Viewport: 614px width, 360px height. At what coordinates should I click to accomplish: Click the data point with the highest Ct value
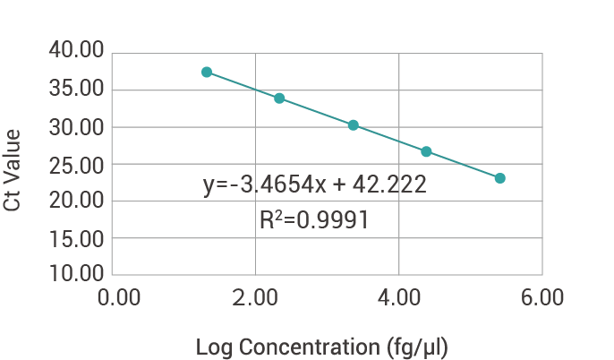(x=207, y=72)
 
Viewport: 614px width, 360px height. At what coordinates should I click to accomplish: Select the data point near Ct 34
(x=279, y=98)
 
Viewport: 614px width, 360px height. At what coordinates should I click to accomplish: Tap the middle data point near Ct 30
(x=354, y=125)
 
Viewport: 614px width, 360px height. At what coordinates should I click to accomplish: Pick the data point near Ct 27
(x=426, y=151)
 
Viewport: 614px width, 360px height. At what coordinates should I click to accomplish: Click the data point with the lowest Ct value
(x=499, y=178)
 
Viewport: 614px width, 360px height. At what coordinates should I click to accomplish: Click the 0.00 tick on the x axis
(x=118, y=298)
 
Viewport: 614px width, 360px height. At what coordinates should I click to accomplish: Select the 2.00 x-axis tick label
(x=256, y=298)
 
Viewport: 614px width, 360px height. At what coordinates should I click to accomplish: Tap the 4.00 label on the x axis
(x=398, y=298)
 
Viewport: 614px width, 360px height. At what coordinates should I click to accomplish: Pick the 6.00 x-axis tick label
(x=541, y=298)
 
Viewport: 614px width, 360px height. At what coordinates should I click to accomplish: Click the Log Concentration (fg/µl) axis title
(x=321, y=346)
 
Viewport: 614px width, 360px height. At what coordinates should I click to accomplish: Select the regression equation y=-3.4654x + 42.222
(x=314, y=185)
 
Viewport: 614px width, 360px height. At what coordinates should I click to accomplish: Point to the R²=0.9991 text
(x=314, y=220)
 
